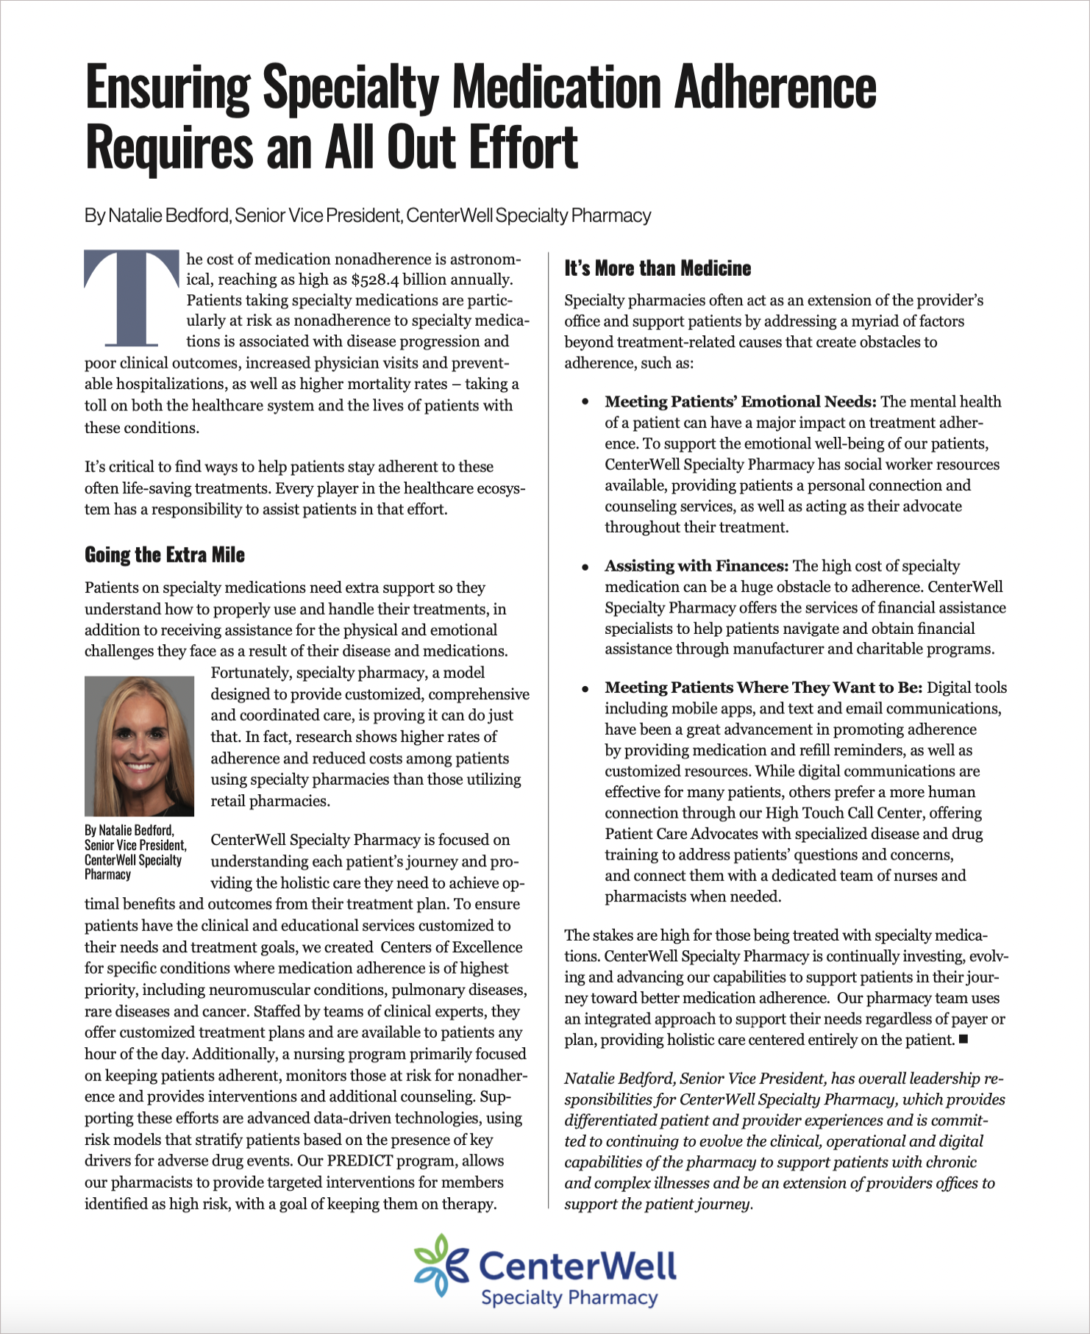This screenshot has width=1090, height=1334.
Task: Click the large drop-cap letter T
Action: (132, 298)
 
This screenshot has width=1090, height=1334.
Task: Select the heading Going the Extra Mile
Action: (165, 554)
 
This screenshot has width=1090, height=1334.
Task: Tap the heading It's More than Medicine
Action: (658, 268)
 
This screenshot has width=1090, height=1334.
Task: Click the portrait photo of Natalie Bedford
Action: (139, 746)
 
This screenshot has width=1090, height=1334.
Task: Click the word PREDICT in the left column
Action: (363, 1161)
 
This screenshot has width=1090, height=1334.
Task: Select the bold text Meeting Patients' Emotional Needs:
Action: (741, 402)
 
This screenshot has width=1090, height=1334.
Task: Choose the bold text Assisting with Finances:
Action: (697, 566)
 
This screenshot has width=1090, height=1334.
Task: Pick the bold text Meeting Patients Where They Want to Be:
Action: (763, 688)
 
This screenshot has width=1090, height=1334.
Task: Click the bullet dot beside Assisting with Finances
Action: (585, 567)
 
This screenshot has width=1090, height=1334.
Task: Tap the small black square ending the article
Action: (963, 1039)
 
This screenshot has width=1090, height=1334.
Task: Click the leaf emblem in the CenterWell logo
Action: (441, 1265)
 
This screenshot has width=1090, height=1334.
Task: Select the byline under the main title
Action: (368, 215)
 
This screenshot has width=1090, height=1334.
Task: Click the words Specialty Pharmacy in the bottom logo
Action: (569, 1298)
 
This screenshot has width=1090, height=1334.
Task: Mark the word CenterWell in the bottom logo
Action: (577, 1266)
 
